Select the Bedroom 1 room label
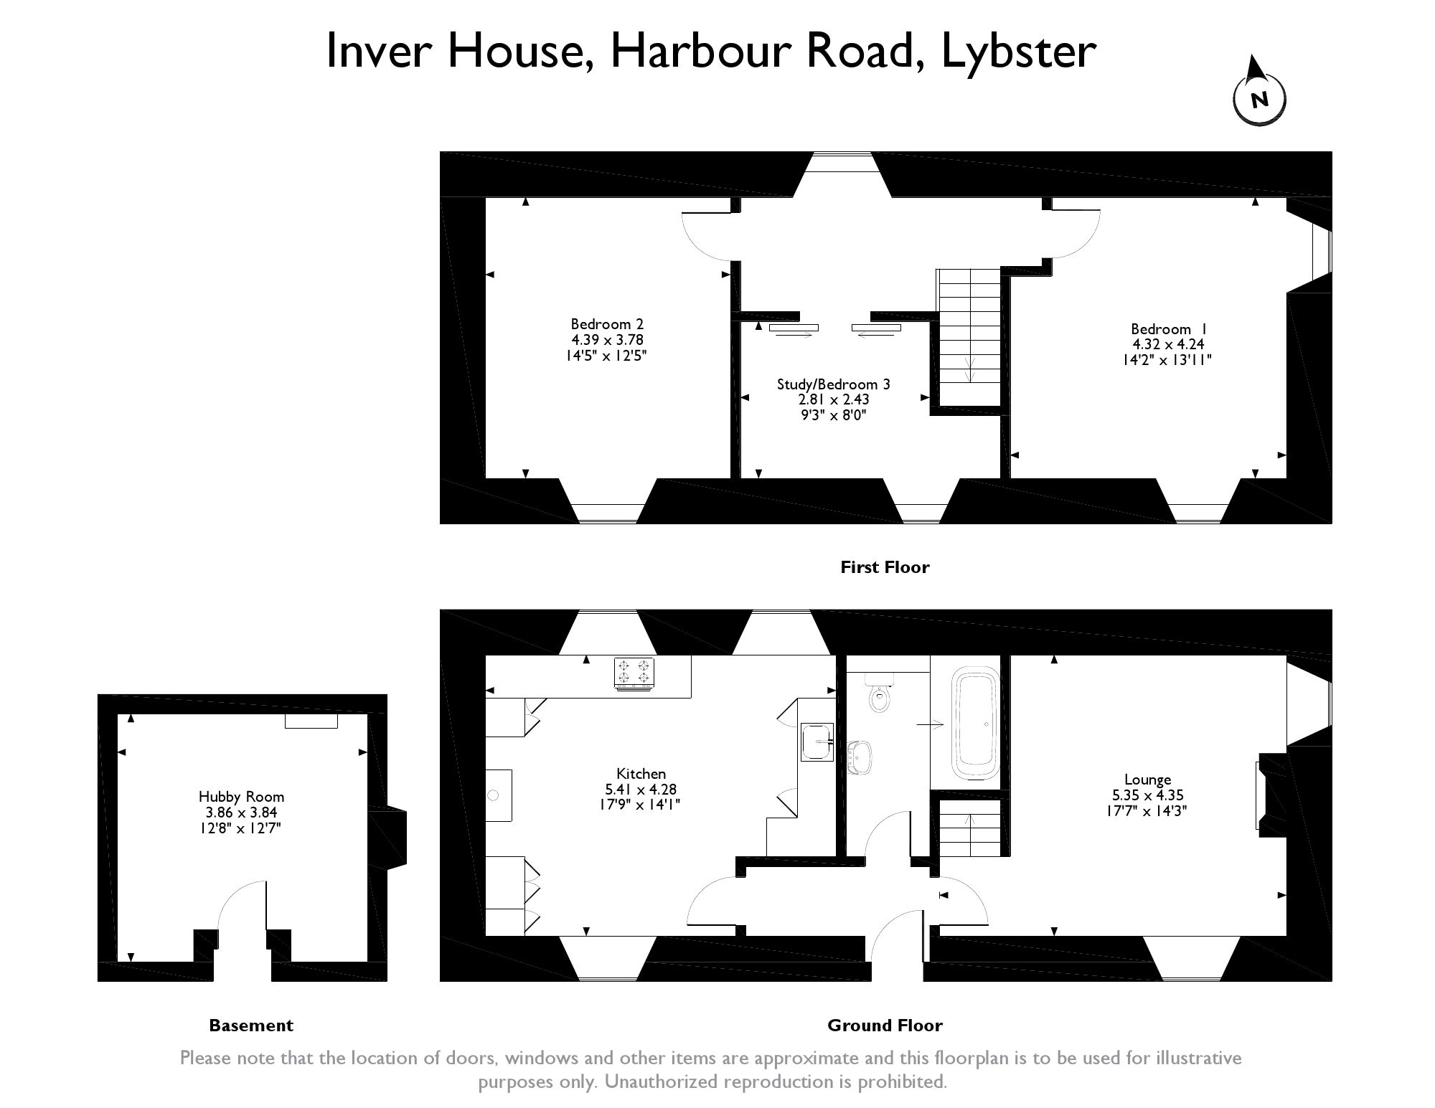(1167, 344)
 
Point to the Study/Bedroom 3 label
(833, 399)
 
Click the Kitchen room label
(641, 789)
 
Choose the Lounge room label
(1148, 795)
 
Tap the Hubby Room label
(241, 812)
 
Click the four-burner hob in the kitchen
(634, 673)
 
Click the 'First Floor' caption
(885, 567)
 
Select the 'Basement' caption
(251, 1026)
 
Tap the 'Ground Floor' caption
(885, 1026)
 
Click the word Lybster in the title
(1018, 52)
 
